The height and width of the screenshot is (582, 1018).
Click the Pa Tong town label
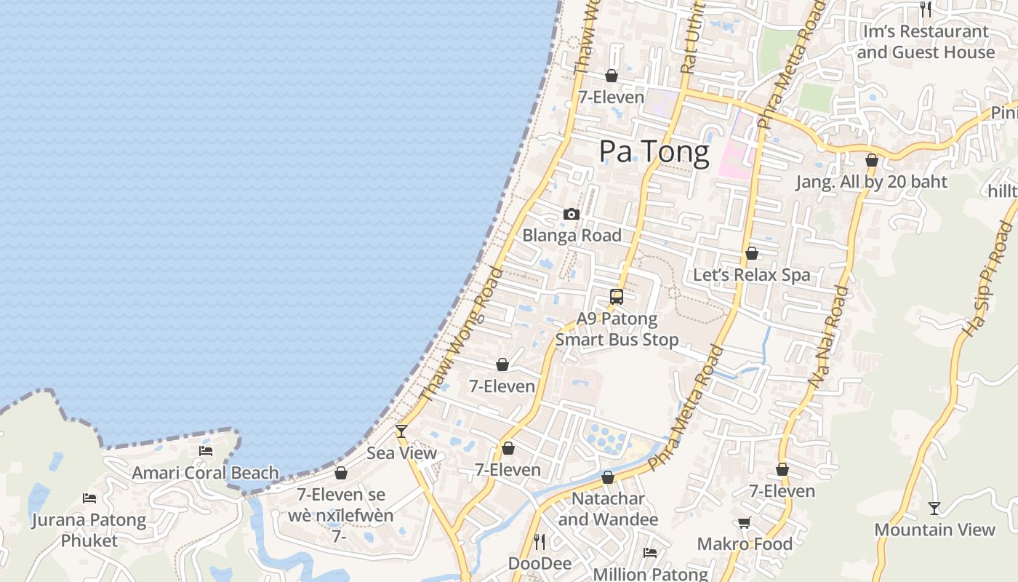tap(654, 152)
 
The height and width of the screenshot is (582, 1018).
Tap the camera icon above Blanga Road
tap(572, 215)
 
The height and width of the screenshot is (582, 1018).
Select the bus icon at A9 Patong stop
tap(617, 297)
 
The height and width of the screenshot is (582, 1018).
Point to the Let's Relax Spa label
tap(751, 275)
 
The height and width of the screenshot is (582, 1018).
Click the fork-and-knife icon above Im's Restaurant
tap(926, 9)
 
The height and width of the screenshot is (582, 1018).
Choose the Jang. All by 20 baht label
tap(871, 182)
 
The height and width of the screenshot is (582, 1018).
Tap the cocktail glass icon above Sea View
tap(401, 431)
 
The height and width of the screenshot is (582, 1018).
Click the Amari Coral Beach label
tap(205, 473)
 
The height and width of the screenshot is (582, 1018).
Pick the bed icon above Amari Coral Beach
tap(206, 451)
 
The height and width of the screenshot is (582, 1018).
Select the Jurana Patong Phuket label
tap(89, 530)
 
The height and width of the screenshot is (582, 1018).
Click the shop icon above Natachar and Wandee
tap(608, 478)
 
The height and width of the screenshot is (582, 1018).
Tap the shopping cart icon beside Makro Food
tap(744, 523)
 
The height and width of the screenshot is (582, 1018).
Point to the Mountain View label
tap(934, 530)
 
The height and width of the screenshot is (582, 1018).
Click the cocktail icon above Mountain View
tap(934, 508)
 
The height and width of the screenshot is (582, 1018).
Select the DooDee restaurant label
tap(540, 564)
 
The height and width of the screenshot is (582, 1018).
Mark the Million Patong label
tap(650, 573)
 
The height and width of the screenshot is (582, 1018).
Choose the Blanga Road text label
tap(572, 236)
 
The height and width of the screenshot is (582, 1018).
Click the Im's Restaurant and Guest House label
tap(926, 42)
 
